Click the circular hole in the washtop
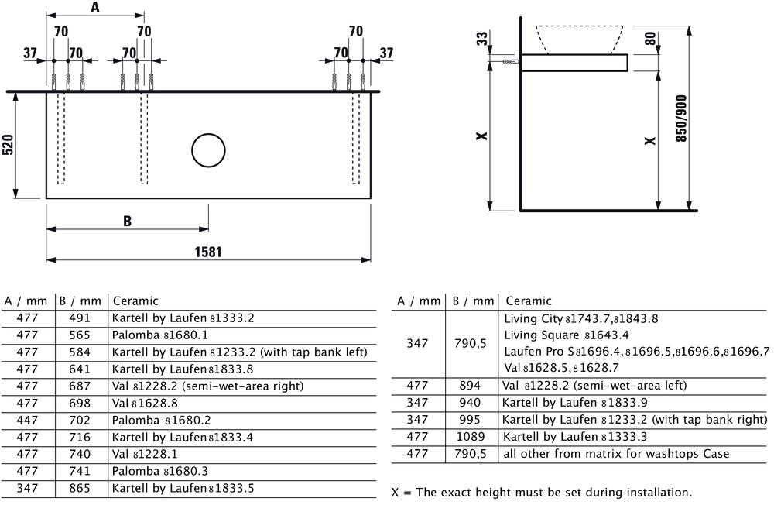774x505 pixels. [x=208, y=150]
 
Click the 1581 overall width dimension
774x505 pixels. [x=207, y=252]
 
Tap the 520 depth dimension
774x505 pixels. [x=9, y=145]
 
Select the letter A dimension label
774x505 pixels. [x=95, y=7]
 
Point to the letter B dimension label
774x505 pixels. [x=128, y=221]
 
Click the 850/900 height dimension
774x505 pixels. [x=681, y=119]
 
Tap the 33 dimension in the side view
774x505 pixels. [x=481, y=38]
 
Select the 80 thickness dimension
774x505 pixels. [x=651, y=38]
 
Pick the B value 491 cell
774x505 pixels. [x=80, y=318]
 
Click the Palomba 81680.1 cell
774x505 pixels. [x=160, y=335]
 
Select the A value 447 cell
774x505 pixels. [x=27, y=420]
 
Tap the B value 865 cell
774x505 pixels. [x=80, y=488]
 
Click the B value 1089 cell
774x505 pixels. [x=471, y=436]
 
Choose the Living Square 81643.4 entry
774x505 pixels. [x=567, y=335]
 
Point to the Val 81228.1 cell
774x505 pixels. [x=145, y=454]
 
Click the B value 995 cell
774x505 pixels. [x=470, y=420]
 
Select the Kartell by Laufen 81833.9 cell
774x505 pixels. [x=574, y=403]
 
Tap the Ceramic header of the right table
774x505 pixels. [x=529, y=301]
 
